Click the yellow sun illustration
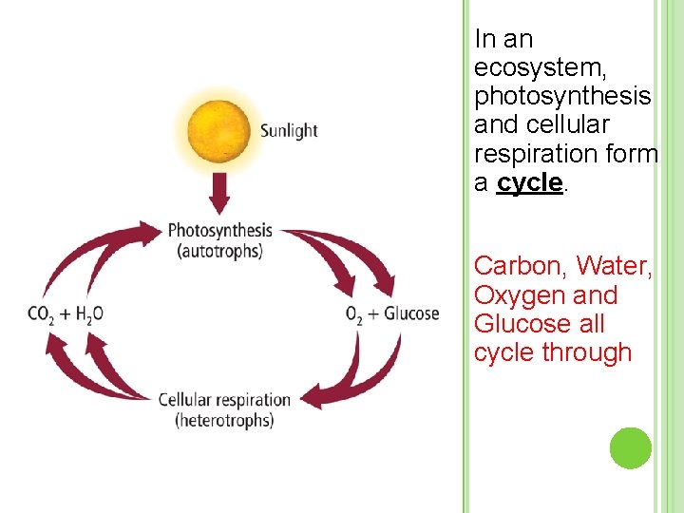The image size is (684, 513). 219,131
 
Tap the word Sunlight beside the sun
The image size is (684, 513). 289,131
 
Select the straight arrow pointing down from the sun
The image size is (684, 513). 219,194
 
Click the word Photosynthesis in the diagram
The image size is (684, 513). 219,231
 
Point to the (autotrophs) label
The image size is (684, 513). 219,252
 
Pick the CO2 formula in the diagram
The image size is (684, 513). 41,315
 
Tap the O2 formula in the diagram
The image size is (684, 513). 354,314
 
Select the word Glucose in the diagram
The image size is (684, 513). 411,313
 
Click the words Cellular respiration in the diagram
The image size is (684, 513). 223,400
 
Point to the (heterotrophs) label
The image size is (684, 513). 224,420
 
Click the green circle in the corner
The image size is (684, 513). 630,448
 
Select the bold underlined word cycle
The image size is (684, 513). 529,182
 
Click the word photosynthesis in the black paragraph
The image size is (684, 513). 561,97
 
